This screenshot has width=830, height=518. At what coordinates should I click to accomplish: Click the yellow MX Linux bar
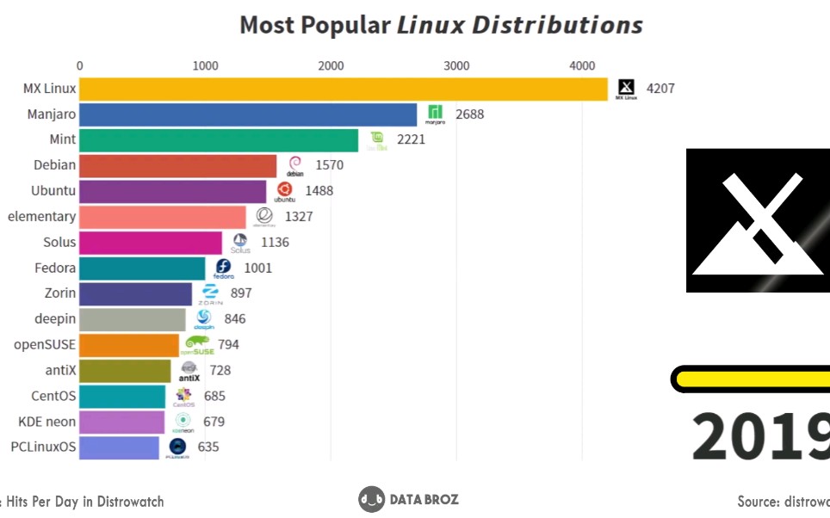point(344,89)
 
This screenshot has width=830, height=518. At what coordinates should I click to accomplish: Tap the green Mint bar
point(219,140)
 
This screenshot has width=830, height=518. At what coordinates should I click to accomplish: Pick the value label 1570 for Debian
point(330,165)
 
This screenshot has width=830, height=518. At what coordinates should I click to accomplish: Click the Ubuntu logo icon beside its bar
point(284,192)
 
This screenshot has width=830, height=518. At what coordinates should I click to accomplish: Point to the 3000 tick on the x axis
point(456,65)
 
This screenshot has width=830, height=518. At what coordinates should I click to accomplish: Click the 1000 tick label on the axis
point(205,65)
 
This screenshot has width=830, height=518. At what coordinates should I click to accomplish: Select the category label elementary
point(41,216)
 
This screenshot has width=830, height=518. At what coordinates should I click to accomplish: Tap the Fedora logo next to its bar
point(224,268)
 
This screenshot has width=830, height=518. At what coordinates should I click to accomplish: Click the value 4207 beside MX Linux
point(660,89)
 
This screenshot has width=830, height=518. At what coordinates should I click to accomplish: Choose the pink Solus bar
point(151,243)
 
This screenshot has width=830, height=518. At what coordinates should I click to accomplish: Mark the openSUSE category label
point(45,344)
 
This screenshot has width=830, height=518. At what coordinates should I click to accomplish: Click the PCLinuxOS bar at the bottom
point(120,447)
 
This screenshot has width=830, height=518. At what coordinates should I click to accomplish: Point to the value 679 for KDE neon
point(214,422)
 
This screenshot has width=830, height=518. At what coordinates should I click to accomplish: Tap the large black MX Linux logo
point(758,220)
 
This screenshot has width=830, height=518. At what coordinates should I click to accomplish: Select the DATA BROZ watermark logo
point(409,499)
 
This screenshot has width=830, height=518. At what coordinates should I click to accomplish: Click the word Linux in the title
point(428,25)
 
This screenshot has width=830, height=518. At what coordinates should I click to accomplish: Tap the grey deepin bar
point(133,319)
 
